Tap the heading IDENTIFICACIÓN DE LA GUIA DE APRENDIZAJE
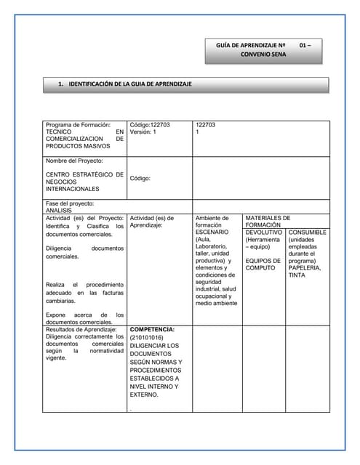(x=130, y=84)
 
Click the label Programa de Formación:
(x=78, y=125)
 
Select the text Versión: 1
(x=144, y=132)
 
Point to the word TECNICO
(x=63, y=132)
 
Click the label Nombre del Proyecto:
(x=74, y=161)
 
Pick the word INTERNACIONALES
(x=73, y=189)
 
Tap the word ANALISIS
(x=59, y=210)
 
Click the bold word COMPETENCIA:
(x=152, y=330)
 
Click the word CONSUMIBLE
(x=307, y=232)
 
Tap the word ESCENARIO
(x=212, y=232)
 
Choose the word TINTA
(x=297, y=275)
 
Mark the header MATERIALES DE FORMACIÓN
(x=268, y=221)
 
